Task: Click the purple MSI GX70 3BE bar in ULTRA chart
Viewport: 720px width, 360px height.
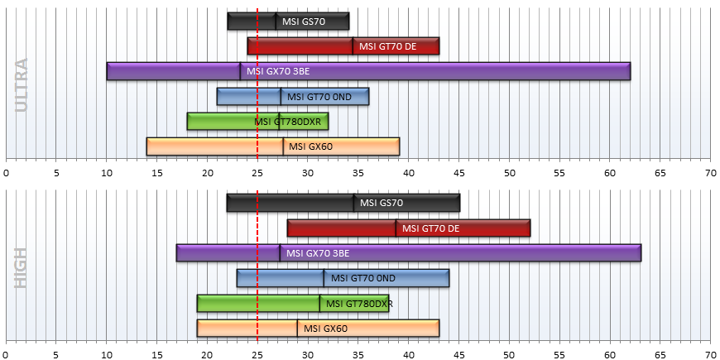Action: pyautogui.click(x=368, y=71)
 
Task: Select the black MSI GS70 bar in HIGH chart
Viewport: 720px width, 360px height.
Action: pyautogui.click(x=343, y=203)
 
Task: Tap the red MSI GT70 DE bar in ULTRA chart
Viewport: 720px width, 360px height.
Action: pyautogui.click(x=343, y=46)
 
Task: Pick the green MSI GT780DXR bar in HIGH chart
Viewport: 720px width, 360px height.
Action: pyautogui.click(x=293, y=304)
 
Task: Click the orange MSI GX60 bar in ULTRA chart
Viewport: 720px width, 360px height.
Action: pyautogui.click(x=273, y=146)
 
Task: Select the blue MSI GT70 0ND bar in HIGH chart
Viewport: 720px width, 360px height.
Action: pyautogui.click(x=343, y=278)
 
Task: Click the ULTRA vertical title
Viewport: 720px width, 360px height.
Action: pyautogui.click(x=22, y=85)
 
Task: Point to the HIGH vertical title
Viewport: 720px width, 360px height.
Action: pyautogui.click(x=22, y=269)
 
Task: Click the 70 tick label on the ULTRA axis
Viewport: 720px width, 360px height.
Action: pyautogui.click(x=710, y=173)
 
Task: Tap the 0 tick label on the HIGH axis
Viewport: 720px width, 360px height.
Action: pyautogui.click(x=6, y=354)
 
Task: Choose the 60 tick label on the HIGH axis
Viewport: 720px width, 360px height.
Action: pyautogui.click(x=610, y=354)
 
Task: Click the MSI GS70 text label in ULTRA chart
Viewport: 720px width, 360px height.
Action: pyautogui.click(x=304, y=22)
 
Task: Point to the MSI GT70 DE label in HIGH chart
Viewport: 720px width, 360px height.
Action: pyautogui.click(x=428, y=228)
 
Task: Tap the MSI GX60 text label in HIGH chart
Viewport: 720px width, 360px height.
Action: pyautogui.click(x=325, y=329)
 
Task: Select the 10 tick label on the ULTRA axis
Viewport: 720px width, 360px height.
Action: pyautogui.click(x=107, y=173)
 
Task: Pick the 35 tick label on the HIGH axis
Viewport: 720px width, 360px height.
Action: pyautogui.click(x=358, y=354)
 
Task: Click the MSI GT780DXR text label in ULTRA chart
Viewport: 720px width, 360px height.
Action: pyautogui.click(x=287, y=122)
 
